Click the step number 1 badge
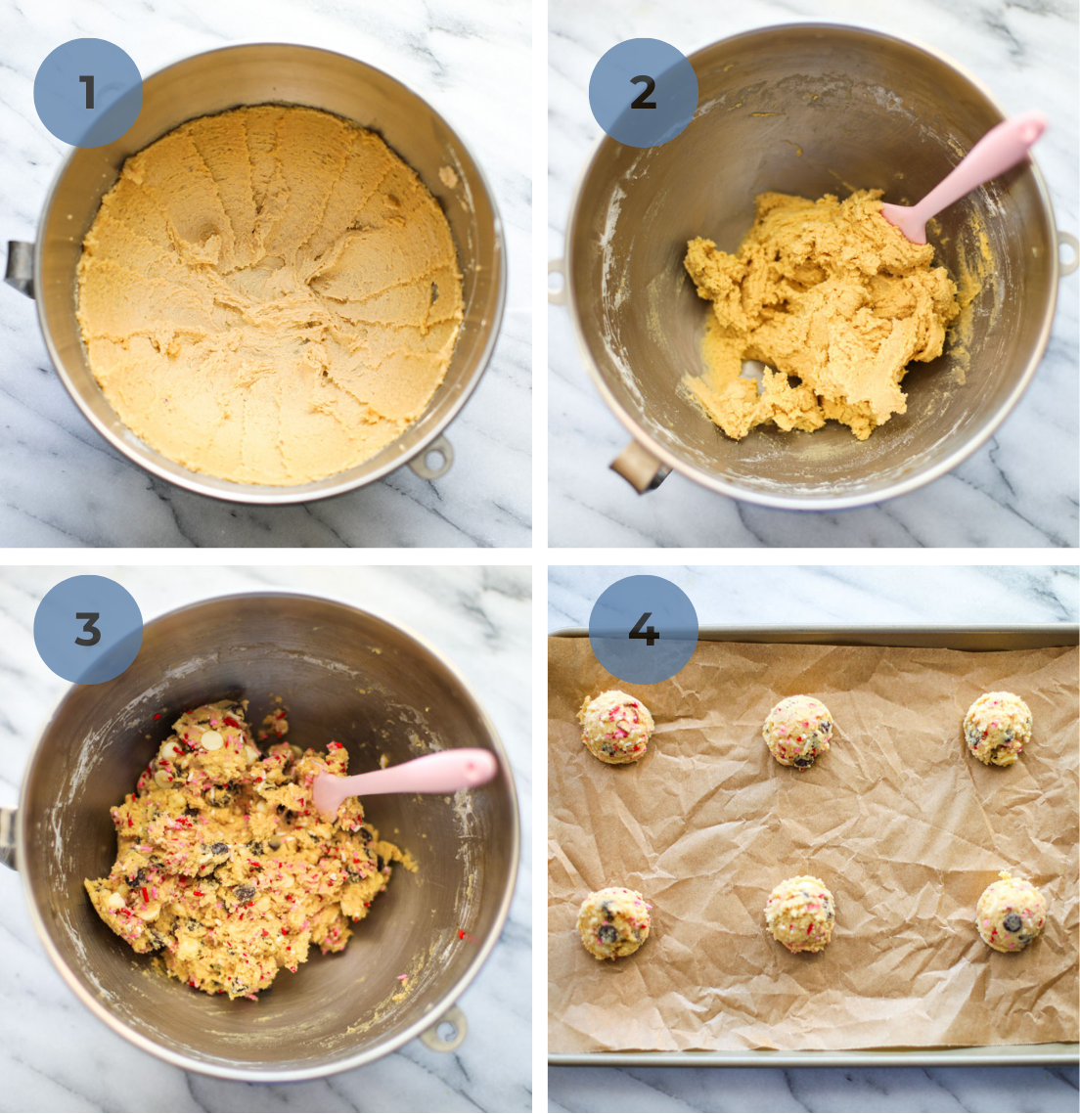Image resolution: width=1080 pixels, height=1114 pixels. (x=88, y=93)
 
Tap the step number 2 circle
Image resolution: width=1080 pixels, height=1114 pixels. (x=643, y=93)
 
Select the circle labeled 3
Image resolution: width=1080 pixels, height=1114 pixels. (x=88, y=630)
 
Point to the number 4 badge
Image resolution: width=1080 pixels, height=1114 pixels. (x=643, y=630)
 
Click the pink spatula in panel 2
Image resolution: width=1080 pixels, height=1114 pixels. (x=978, y=167)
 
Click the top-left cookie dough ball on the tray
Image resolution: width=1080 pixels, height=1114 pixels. (x=616, y=727)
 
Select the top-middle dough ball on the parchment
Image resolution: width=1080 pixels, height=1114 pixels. (x=798, y=731)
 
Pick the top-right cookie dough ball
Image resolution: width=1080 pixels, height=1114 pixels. (x=997, y=729)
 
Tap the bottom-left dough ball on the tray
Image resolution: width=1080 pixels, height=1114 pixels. (x=613, y=922)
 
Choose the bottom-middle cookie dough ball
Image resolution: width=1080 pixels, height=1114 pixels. (x=800, y=913)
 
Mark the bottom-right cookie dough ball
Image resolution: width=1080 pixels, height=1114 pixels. (x=1011, y=913)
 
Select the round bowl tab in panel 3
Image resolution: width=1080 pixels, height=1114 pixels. (x=445, y=1029)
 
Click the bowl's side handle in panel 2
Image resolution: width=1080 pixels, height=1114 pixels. (x=641, y=467)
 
